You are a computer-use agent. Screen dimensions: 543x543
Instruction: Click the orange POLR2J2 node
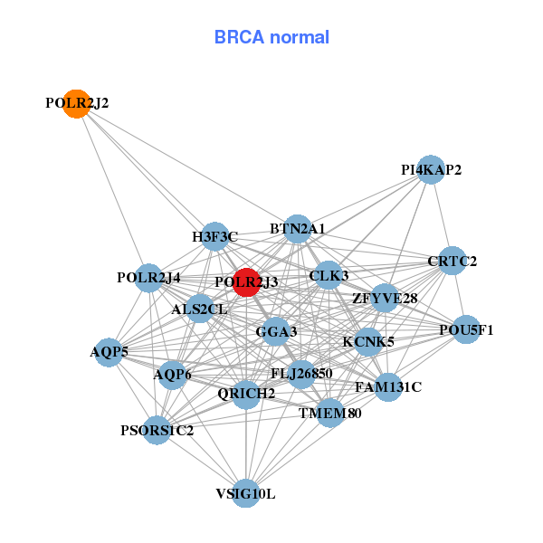pyautogui.click(x=78, y=104)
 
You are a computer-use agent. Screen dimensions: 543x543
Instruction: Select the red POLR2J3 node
pyautogui.click(x=246, y=282)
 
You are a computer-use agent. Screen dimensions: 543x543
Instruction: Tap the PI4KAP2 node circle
pyautogui.click(x=431, y=169)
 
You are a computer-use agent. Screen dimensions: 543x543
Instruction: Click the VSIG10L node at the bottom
pyautogui.click(x=245, y=493)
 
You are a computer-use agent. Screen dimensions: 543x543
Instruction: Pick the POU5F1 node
pyautogui.click(x=466, y=329)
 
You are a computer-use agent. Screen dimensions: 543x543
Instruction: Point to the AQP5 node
pyautogui.click(x=109, y=352)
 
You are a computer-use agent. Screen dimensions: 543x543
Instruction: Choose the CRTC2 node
pyautogui.click(x=452, y=262)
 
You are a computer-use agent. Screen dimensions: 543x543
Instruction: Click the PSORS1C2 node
pyautogui.click(x=157, y=430)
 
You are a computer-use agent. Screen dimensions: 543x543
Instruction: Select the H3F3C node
pyautogui.click(x=214, y=237)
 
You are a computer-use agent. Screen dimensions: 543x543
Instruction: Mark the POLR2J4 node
pyautogui.click(x=148, y=277)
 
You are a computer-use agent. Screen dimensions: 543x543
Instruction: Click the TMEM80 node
pyautogui.click(x=330, y=414)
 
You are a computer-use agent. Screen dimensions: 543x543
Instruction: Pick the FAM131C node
pyautogui.click(x=388, y=387)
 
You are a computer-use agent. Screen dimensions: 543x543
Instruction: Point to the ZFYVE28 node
pyautogui.click(x=385, y=298)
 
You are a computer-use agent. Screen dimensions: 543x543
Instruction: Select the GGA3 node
pyautogui.click(x=276, y=332)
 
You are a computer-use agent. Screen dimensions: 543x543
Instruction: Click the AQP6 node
pyautogui.click(x=172, y=374)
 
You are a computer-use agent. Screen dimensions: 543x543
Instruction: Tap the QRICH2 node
pyautogui.click(x=246, y=393)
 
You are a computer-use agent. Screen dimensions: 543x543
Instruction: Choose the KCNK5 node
pyautogui.click(x=367, y=342)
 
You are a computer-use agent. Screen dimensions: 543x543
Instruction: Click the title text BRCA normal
pyautogui.click(x=271, y=38)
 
